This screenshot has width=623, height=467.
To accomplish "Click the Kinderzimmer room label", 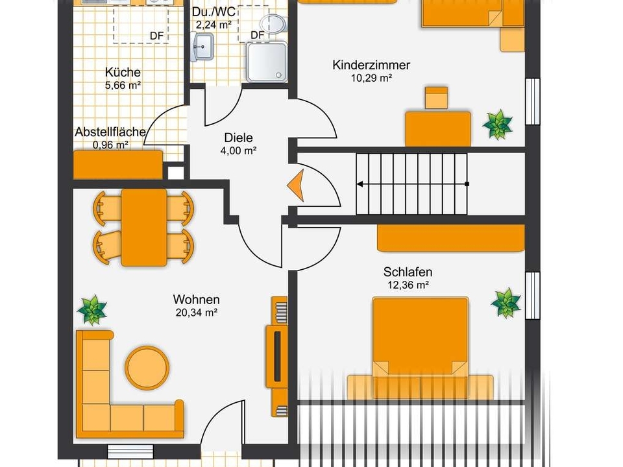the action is coord(371,65).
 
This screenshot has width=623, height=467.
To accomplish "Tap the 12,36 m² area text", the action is coord(408,285).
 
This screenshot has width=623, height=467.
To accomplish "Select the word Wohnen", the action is coord(196,299).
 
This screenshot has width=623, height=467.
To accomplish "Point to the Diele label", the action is coord(238,138).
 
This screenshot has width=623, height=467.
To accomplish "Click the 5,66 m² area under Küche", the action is coord(123,85).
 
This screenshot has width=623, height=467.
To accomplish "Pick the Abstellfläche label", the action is coord(110,132).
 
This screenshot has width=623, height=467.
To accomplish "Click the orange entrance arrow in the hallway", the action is coord(296,185).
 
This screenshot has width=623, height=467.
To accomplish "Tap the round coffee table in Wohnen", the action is coord(147,368).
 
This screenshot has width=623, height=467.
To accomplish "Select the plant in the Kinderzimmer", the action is coord(498,125).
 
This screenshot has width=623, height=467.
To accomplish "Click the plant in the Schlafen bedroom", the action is coord(506,303).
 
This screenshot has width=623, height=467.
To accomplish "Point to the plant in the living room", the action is coord(92,310).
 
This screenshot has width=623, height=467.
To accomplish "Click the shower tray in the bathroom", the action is coord(267,62).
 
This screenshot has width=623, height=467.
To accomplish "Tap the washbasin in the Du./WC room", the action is coord(202,47).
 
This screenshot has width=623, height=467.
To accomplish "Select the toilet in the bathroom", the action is coord(273,23).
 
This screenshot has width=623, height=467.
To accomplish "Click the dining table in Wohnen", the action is coord(144,228).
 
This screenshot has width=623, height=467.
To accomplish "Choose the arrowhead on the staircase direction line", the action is coord(360,184).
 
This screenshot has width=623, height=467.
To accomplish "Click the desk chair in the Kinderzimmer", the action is coord(437,98).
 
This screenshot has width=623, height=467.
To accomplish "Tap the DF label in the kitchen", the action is coord(156,36).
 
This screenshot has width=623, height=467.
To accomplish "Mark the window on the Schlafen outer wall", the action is coord(533,296).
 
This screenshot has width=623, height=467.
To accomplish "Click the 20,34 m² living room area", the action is coord(196,313).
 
